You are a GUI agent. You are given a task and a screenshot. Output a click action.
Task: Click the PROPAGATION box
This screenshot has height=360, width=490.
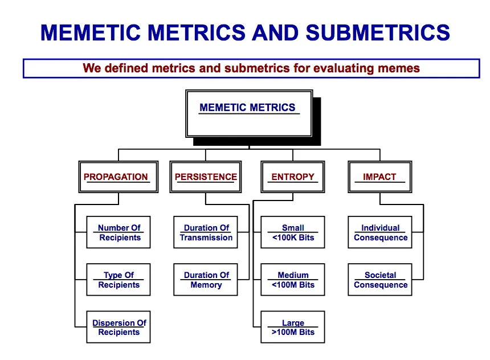[119, 177]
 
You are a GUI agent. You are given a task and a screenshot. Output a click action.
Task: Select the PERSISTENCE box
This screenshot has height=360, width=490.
[206, 177]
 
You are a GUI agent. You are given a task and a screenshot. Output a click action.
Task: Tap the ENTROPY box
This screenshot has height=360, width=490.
[293, 177]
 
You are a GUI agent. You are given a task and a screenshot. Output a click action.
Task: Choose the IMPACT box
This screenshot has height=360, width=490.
[380, 177]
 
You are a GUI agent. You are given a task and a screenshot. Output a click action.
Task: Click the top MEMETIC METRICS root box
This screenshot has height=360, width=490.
[249, 114]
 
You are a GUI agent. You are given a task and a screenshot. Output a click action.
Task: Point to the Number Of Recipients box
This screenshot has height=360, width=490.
[119, 232]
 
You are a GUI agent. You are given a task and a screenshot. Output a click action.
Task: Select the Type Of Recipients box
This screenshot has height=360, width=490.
[119, 280]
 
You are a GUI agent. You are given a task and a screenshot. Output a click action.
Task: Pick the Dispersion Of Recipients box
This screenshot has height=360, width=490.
[119, 327]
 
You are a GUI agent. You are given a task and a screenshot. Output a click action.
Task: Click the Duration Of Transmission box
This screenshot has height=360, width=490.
[206, 232]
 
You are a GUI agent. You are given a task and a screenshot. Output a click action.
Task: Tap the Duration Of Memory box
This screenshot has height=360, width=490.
[206, 280]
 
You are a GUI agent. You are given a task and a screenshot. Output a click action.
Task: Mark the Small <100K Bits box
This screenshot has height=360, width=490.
[293, 232]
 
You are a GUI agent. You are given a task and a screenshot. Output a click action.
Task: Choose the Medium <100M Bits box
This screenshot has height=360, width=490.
[293, 280]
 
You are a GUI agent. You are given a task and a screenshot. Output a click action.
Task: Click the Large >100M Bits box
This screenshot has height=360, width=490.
[293, 327]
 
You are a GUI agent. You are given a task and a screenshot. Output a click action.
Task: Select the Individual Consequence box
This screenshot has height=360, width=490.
[380, 232]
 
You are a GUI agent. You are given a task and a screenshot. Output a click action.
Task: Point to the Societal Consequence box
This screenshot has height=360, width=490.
[380, 280]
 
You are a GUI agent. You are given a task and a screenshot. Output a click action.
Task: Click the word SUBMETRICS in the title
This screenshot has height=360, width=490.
[378, 32]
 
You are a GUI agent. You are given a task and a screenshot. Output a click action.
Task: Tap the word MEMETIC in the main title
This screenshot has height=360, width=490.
[91, 32]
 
